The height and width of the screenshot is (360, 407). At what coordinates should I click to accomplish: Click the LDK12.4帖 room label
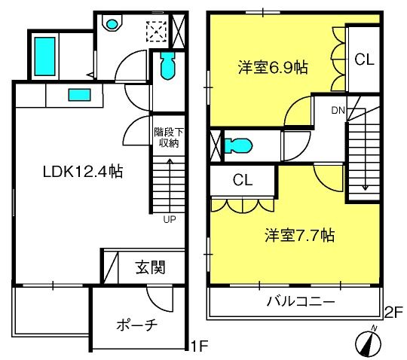click(83, 172)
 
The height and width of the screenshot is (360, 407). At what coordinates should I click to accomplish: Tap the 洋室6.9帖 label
click(273, 68)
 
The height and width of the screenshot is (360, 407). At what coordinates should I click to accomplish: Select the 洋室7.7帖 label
click(299, 235)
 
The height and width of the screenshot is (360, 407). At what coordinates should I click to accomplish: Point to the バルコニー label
click(301, 302)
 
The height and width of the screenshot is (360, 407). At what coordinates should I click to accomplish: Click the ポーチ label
click(137, 325)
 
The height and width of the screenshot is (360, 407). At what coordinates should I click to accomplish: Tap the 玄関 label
click(150, 267)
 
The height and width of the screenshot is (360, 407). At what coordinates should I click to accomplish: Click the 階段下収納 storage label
click(169, 138)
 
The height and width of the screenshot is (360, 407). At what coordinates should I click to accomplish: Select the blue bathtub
click(45, 56)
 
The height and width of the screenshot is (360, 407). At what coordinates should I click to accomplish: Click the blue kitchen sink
click(79, 95)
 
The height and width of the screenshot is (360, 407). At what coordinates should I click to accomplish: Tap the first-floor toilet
click(168, 66)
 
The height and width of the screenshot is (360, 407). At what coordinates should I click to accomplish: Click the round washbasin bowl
click(112, 24)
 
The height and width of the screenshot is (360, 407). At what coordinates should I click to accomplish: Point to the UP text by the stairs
click(170, 220)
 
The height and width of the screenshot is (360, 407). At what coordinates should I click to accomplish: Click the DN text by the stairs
click(338, 111)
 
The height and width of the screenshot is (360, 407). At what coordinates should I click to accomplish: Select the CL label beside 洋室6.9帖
click(365, 59)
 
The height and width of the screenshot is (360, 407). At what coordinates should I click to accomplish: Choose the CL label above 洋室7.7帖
click(243, 180)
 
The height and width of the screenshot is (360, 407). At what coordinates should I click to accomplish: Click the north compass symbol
click(368, 343)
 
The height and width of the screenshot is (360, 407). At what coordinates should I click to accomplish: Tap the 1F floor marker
click(199, 346)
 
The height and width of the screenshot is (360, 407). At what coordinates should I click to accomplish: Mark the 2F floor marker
click(393, 313)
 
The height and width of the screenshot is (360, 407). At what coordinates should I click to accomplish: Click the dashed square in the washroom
click(157, 32)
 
